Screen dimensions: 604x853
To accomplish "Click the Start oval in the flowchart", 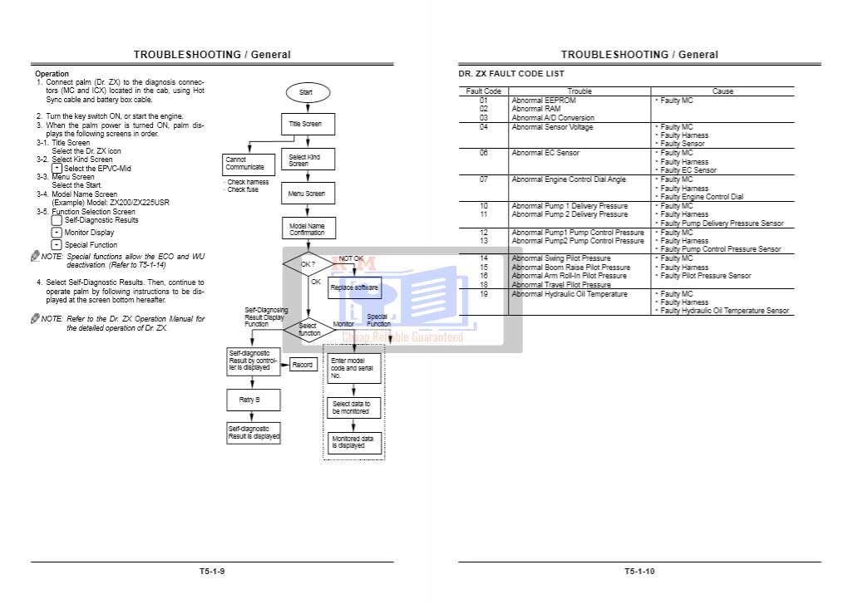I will (x=306, y=92).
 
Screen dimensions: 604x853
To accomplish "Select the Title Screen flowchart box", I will (x=306, y=124).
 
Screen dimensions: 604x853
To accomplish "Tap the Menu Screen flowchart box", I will (x=308, y=194).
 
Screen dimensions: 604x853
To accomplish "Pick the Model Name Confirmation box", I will (x=308, y=228).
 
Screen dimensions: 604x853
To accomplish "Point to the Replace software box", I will (x=354, y=287).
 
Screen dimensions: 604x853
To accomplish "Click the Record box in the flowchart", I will (x=303, y=365).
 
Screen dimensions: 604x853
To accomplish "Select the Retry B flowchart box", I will (x=254, y=400).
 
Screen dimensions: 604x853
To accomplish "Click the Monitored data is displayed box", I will (x=353, y=441).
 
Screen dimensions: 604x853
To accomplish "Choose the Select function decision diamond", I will (x=308, y=329).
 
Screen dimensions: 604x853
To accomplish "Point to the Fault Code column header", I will (x=484, y=91).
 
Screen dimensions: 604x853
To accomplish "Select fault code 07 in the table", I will (x=484, y=179).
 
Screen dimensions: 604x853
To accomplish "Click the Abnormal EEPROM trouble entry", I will (x=544, y=101).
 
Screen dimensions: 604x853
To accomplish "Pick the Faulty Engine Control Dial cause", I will (x=702, y=197).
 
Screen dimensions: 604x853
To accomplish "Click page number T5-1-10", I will (x=639, y=572).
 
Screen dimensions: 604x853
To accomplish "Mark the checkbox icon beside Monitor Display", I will (x=57, y=233).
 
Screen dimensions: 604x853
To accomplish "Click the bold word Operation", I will (x=52, y=74).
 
